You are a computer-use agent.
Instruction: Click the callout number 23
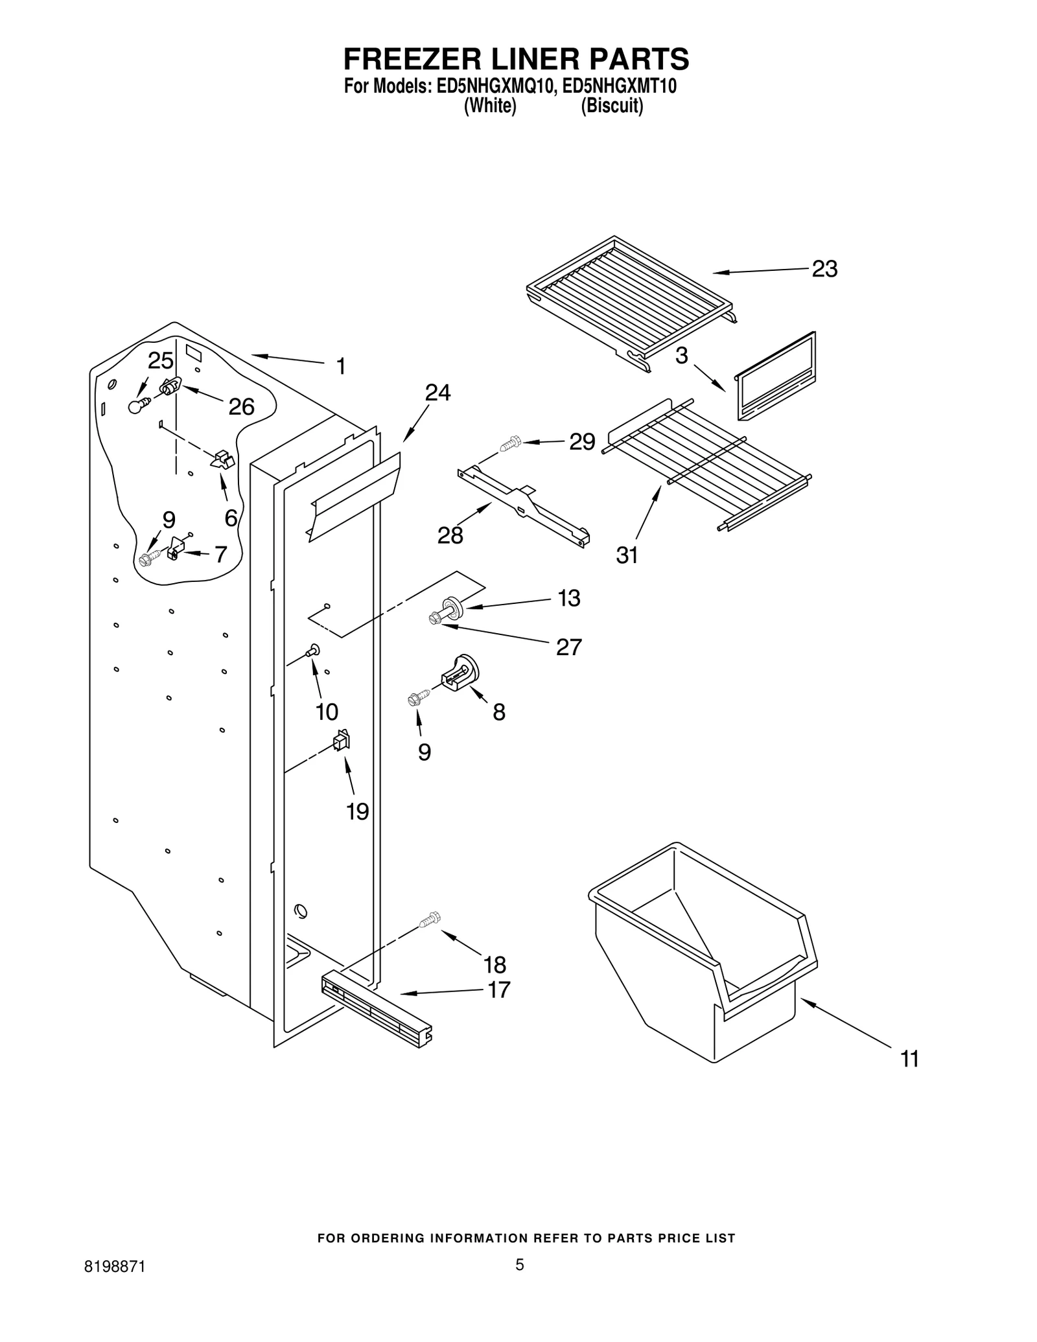pyautogui.click(x=824, y=269)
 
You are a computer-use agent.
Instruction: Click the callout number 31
pyautogui.click(x=627, y=555)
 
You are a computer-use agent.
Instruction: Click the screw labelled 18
pyautogui.click(x=430, y=918)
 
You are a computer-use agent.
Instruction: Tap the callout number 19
pyautogui.click(x=357, y=811)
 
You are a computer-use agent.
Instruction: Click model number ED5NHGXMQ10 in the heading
pyautogui.click(x=495, y=87)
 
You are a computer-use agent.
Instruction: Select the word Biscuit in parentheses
pyautogui.click(x=612, y=106)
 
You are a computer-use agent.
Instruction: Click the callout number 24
pyautogui.click(x=437, y=393)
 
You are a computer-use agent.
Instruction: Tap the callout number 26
pyautogui.click(x=241, y=407)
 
